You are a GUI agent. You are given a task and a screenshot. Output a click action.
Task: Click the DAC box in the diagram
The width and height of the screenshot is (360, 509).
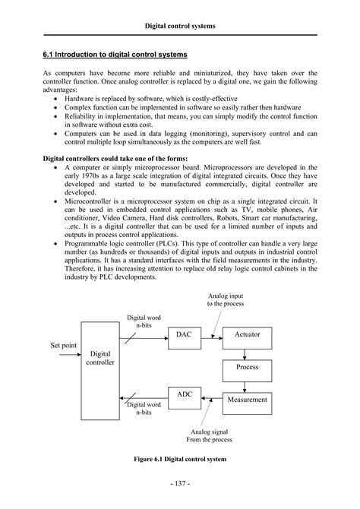tap(184, 334)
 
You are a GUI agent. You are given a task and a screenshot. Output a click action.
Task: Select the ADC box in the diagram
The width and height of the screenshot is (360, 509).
tap(185, 394)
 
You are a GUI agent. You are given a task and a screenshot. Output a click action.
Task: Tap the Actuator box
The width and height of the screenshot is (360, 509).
tap(246, 334)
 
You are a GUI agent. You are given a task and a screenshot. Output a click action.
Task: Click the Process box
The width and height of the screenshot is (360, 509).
tap(246, 367)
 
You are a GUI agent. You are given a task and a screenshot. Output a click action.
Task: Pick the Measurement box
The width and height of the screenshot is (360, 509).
tap(246, 400)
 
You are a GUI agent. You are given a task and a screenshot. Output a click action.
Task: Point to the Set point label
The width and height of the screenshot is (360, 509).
tap(64, 346)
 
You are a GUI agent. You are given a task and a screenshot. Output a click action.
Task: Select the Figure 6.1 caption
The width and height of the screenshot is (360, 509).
tap(180, 460)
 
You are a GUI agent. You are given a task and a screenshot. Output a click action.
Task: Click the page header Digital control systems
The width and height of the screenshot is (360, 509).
tap(180, 26)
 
